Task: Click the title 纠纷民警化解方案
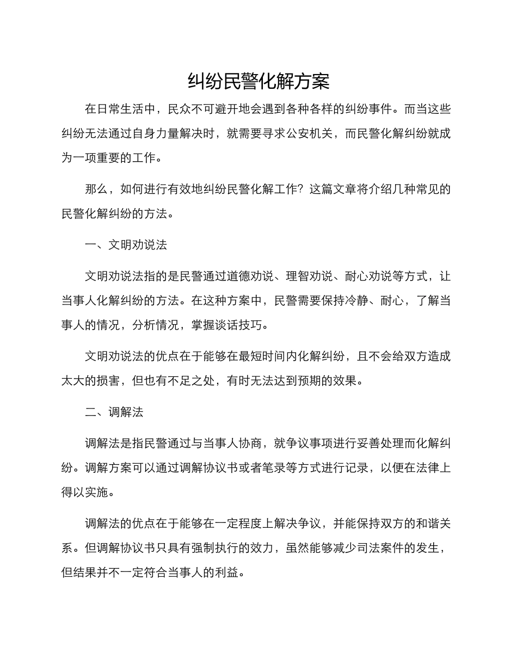[x=258, y=82]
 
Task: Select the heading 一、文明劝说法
[x=126, y=245]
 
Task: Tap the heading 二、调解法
[x=114, y=412]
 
